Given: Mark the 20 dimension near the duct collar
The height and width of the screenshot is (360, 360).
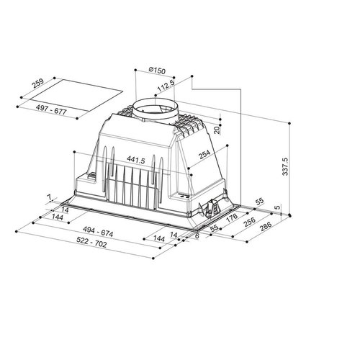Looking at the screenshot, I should [x=217, y=130].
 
